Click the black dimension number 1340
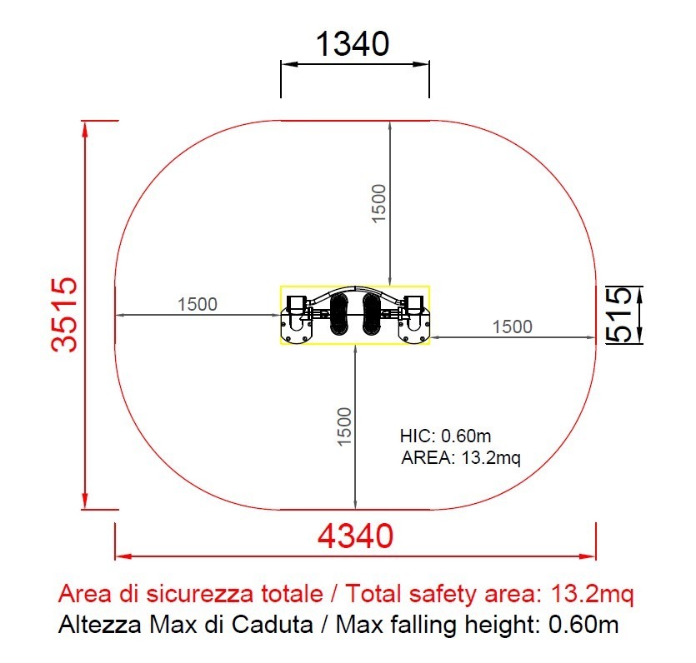point(353,44)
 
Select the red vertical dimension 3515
point(64,315)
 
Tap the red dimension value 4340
point(355,536)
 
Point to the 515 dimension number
point(619,315)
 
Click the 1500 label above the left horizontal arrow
point(198,304)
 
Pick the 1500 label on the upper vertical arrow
point(378,203)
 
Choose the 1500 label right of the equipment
point(513,327)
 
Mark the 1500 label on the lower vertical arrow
point(344,426)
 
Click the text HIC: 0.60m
point(446,436)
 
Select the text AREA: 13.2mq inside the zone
point(461,457)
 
